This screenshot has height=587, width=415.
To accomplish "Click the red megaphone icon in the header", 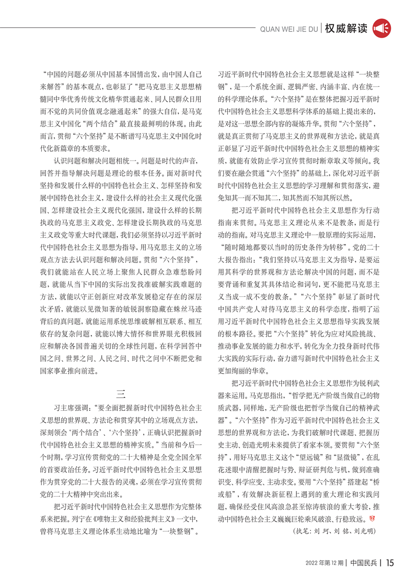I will click(x=383, y=27).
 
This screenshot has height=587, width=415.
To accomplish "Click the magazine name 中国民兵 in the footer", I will click(x=365, y=563).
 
